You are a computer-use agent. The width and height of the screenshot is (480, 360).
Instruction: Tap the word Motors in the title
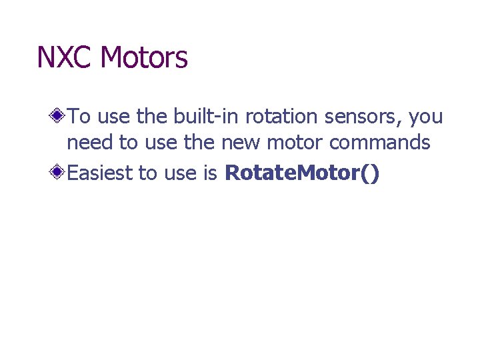point(143,58)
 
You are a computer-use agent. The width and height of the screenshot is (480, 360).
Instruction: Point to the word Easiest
point(100,173)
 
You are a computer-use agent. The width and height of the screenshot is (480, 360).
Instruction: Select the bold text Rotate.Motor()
point(303,173)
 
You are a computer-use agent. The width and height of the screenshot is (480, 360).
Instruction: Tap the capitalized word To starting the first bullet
point(79,117)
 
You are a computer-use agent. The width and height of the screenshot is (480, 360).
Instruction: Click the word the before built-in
point(150,117)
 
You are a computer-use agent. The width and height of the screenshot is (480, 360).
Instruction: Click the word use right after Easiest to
point(179,173)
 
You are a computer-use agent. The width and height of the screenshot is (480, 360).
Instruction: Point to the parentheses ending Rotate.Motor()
point(371,173)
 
